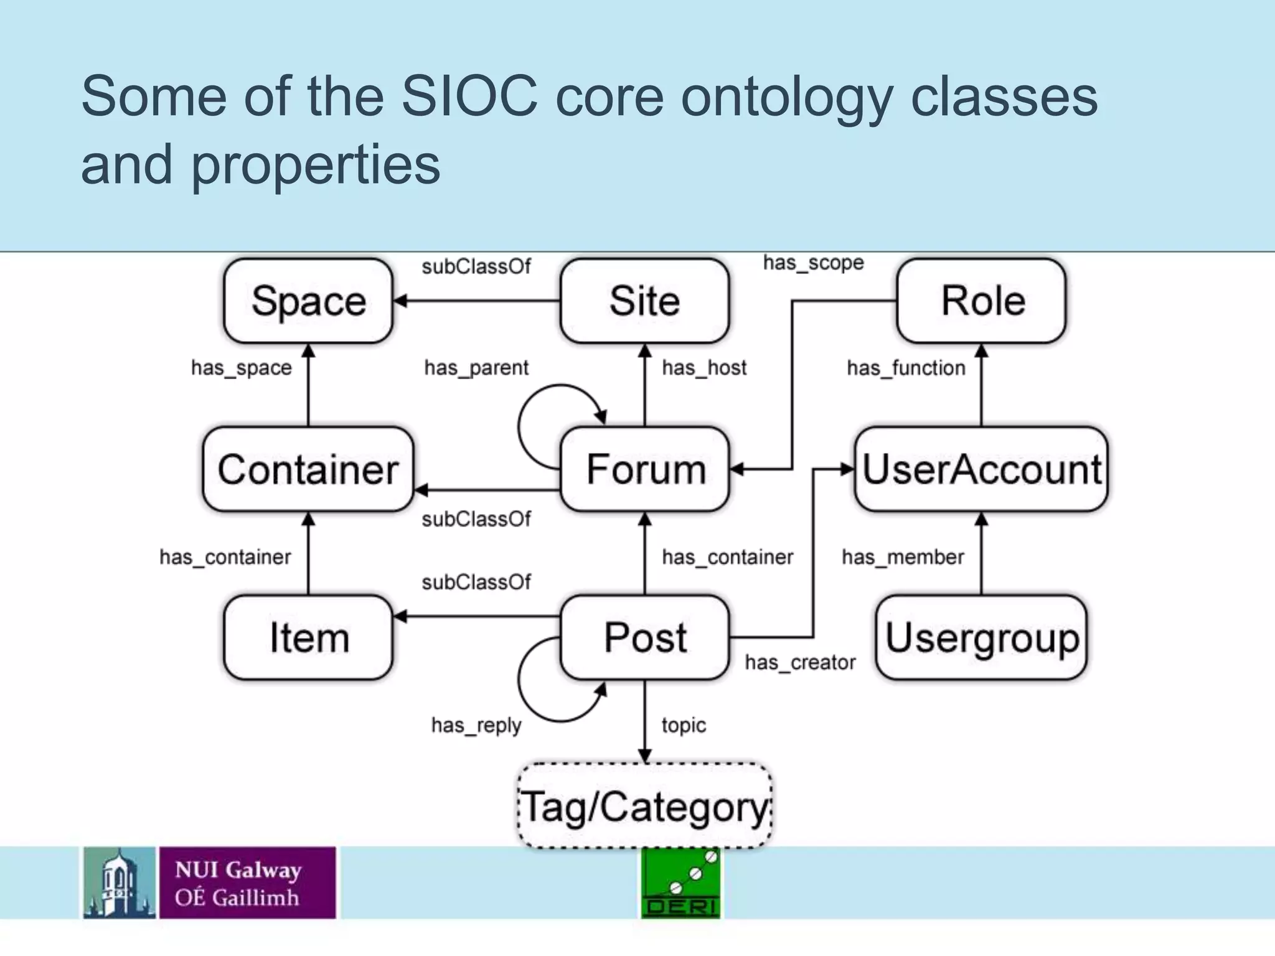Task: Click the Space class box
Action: (308, 301)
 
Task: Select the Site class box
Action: (644, 301)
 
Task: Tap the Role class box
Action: (982, 301)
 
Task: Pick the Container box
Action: (308, 469)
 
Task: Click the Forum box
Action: (645, 469)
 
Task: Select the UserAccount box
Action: (982, 469)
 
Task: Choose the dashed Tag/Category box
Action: (645, 807)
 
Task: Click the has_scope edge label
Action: (813, 263)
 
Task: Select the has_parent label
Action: (476, 368)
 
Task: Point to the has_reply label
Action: (476, 725)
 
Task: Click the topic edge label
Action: (684, 725)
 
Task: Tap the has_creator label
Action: (800, 663)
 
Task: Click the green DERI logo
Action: (680, 883)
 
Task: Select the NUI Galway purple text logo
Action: (247, 883)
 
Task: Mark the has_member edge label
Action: (903, 557)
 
